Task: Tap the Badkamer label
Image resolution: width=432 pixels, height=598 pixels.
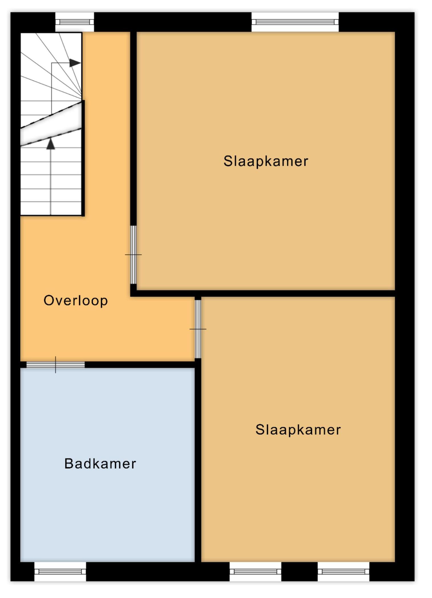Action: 100,464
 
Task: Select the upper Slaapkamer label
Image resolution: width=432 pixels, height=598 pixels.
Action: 266,162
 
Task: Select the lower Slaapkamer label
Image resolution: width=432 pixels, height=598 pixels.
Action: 298,430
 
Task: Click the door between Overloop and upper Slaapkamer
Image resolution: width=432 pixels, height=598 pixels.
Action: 133,255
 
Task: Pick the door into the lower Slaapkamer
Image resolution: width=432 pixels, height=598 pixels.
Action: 198,329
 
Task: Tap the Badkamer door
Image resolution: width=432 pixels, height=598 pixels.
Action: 55,365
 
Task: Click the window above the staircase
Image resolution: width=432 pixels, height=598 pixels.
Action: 75,22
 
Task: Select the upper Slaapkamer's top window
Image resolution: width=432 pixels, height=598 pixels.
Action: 295,22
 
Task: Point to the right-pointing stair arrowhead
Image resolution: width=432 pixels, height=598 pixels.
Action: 75,63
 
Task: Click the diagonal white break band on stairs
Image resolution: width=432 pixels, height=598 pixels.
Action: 51,124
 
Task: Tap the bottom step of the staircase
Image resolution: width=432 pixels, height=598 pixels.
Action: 51,209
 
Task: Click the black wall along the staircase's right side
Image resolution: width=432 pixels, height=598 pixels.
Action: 83,158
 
